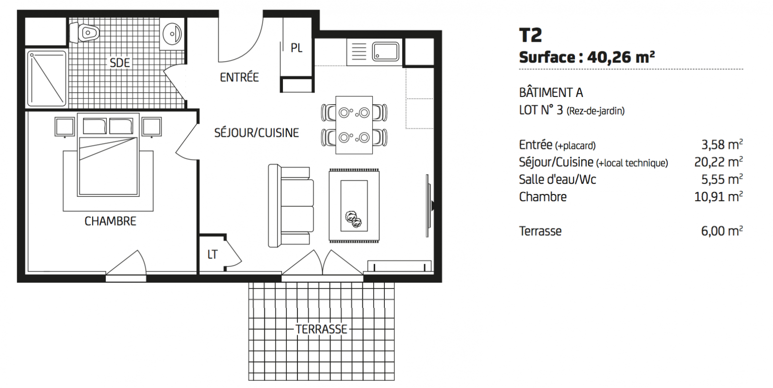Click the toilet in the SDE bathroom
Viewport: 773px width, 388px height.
click(84, 33)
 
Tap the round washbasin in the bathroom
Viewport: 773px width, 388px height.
click(172, 33)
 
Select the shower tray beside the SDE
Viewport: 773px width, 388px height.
click(47, 79)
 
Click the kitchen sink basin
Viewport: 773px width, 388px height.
click(385, 52)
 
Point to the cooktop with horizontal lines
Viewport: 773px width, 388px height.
click(359, 52)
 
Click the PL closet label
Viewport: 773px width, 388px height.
click(296, 48)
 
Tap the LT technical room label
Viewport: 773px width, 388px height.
click(212, 255)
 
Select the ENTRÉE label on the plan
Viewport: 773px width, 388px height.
click(239, 77)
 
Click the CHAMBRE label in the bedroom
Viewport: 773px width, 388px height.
click(111, 221)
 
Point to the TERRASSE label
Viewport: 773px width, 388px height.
click(321, 329)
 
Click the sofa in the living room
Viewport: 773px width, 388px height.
click(291, 206)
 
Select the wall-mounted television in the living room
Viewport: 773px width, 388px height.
click(429, 206)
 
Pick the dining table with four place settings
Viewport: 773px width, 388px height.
click(354, 125)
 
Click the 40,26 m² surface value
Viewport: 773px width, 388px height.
click(621, 57)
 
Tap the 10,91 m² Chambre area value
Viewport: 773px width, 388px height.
click(719, 196)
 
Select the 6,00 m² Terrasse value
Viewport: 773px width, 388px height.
click(722, 231)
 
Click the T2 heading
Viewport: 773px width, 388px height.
click(530, 35)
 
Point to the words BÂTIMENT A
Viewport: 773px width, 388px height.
click(551, 92)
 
